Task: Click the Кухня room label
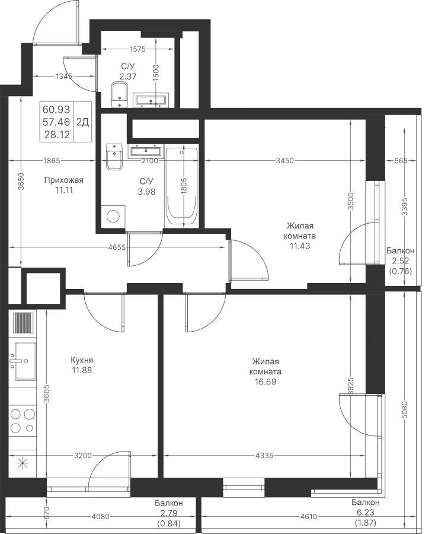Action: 82,360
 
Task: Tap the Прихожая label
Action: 64,180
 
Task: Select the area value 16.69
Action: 266,382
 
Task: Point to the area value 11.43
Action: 300,246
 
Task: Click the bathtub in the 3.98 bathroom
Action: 181,187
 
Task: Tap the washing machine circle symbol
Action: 113,216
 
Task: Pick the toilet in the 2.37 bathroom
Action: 119,95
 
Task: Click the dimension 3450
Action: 284,161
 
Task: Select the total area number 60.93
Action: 56,109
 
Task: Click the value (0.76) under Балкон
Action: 400,271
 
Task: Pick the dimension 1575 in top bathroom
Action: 137,49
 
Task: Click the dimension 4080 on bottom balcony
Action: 101,517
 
